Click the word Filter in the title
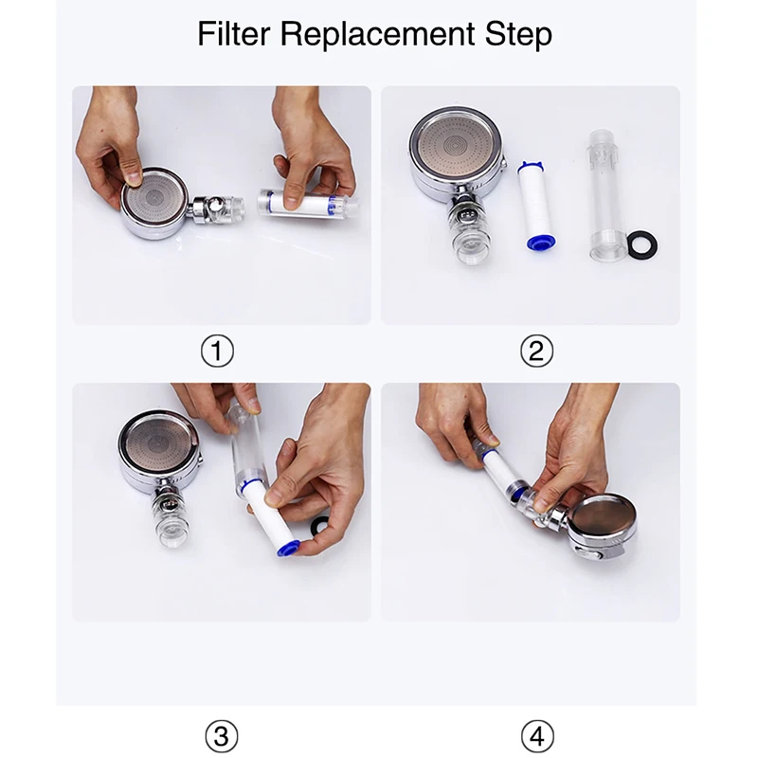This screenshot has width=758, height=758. (x=235, y=34)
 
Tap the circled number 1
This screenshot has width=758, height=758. (x=217, y=351)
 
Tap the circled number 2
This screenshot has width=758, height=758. (x=536, y=351)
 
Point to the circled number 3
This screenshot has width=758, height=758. (x=222, y=736)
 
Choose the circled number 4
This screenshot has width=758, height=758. (x=537, y=736)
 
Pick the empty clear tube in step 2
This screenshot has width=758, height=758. (x=605, y=195)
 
